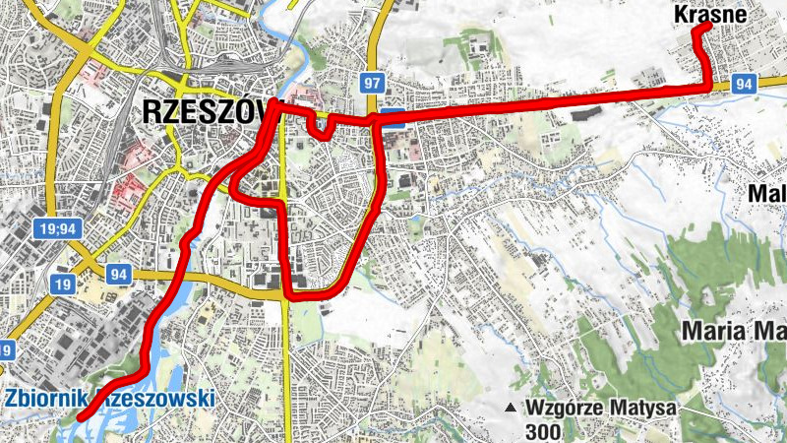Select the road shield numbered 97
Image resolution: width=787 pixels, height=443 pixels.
pos(371,82)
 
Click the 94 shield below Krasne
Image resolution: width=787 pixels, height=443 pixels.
pos(744,85)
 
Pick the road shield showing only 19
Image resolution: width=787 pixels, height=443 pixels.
pos(61,285)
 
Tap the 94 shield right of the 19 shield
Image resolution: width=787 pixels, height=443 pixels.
pos(119,274)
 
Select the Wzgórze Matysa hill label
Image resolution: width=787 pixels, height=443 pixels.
pos(587,407)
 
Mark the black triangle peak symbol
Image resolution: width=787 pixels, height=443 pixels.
pos(510,408)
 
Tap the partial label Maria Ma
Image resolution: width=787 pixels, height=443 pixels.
pos(732,329)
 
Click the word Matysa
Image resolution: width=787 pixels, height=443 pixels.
pos(620,407)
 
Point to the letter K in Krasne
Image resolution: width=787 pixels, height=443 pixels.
pos(682,14)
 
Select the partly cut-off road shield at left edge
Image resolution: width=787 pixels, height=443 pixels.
pos(6,349)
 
